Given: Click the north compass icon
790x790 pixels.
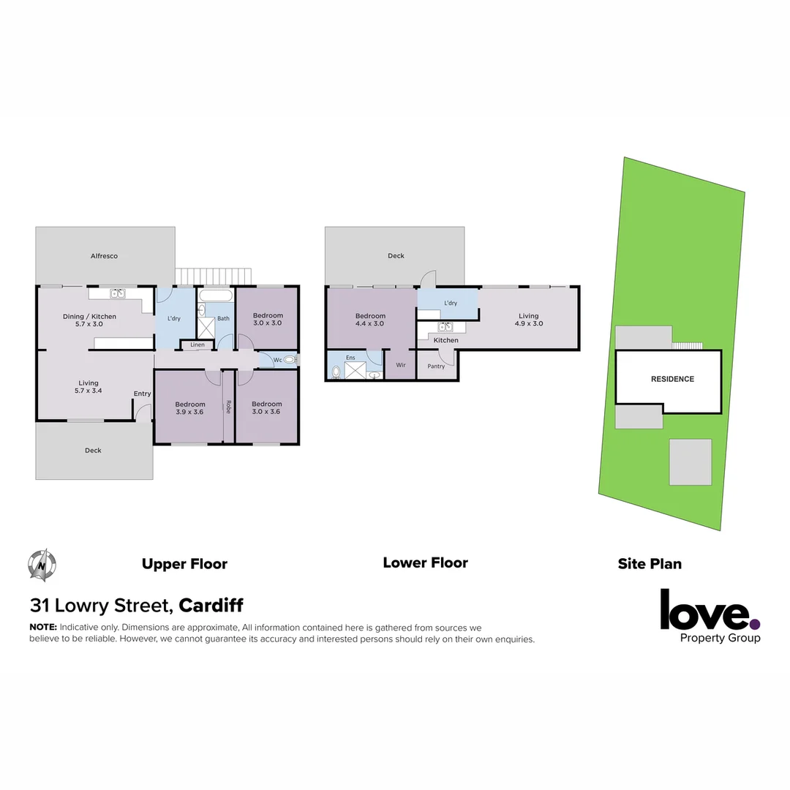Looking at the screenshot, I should (x=42, y=564).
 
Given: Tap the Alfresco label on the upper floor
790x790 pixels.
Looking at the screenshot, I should (x=104, y=256).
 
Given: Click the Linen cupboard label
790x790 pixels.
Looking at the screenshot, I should (x=197, y=345).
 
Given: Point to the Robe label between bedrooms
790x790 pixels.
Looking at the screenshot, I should (x=229, y=407).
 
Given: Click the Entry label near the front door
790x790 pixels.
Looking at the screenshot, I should (x=142, y=394).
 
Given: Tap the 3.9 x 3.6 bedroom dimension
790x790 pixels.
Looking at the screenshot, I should (x=189, y=412).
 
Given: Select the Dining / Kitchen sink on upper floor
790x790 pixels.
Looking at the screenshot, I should (x=118, y=294).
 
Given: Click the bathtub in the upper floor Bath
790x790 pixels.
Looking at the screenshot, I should (x=216, y=297).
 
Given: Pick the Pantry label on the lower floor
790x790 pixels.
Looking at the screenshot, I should (x=436, y=366).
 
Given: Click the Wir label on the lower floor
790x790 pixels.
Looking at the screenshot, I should (x=401, y=364).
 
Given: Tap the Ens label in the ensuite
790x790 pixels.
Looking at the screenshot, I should (x=350, y=358).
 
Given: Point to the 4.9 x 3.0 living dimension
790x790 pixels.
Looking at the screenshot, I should (x=529, y=323).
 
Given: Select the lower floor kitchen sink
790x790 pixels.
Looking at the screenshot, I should (x=445, y=327).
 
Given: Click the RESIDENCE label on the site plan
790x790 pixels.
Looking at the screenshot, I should (x=672, y=379).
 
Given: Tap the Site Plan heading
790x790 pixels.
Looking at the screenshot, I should (x=650, y=564).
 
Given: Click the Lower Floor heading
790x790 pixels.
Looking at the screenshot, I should (x=425, y=563).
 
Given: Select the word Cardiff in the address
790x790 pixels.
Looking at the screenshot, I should (x=211, y=606).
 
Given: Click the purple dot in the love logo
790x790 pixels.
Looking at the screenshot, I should (x=755, y=624).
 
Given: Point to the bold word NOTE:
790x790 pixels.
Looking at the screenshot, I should (x=43, y=628).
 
